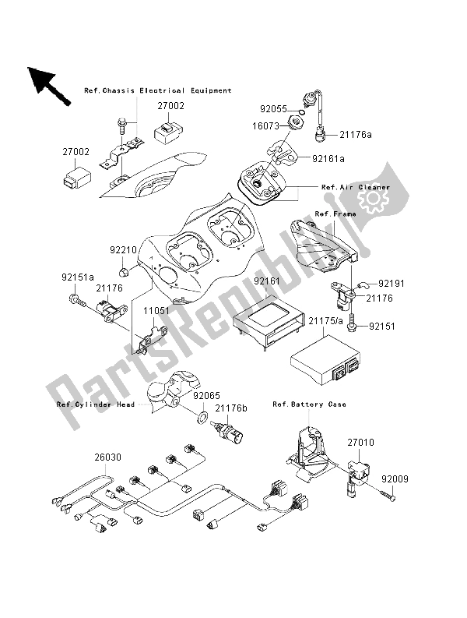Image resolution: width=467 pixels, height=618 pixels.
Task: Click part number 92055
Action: pyautogui.click(x=274, y=110)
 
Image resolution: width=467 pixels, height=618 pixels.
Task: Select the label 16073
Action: pyautogui.click(x=274, y=124)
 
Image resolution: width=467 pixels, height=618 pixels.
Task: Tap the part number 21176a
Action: pyautogui.click(x=355, y=136)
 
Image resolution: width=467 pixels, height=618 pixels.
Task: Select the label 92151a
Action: pyautogui.click(x=79, y=275)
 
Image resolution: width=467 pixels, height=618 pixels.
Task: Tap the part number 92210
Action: pyautogui.click(x=123, y=250)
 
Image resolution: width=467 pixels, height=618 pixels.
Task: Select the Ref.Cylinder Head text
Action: pyautogui.click(x=96, y=404)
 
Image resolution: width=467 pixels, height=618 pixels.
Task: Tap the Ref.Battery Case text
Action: pyautogui.click(x=309, y=404)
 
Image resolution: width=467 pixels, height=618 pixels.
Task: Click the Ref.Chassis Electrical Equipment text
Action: pyautogui.click(x=158, y=90)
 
